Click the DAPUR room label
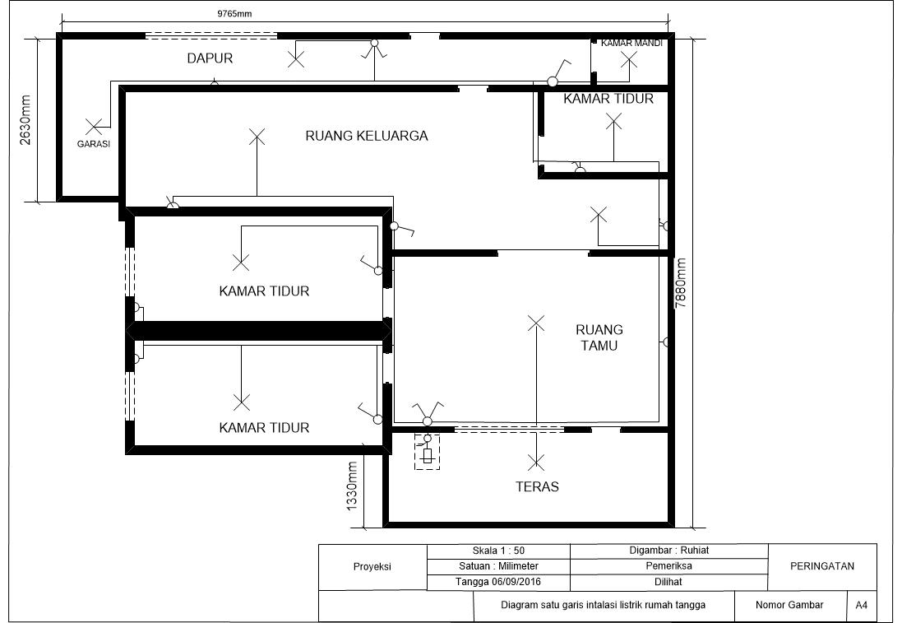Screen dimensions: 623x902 point(210,58)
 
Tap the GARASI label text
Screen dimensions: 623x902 point(94,143)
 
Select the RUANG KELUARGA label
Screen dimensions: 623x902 point(367,136)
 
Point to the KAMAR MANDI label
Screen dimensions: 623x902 point(631,43)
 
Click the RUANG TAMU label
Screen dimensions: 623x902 point(599,337)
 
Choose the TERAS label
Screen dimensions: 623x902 point(537,486)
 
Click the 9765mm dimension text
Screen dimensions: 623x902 point(234,14)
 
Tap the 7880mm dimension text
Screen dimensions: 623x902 point(681,283)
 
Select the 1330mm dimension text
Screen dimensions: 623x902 point(352,486)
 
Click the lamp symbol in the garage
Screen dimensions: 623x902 point(95,127)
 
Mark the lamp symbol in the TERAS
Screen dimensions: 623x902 point(536,462)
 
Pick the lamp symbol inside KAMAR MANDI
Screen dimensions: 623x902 point(629,59)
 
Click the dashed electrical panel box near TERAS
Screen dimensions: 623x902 point(427,452)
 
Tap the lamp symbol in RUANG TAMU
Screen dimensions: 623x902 point(536,323)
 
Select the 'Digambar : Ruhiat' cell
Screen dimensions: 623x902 point(668,551)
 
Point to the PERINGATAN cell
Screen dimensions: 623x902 point(821,566)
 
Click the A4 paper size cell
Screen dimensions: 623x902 point(861,605)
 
